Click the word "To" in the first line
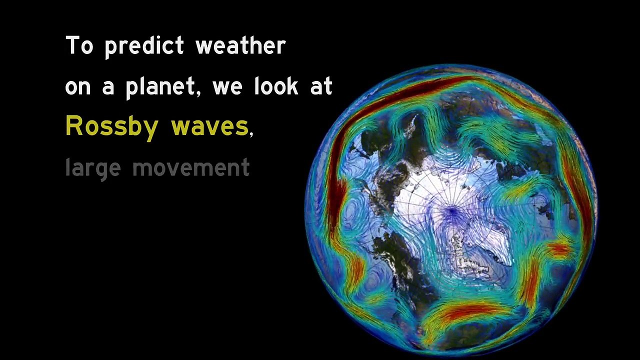pyautogui.click(x=79, y=46)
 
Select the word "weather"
pyautogui.click(x=240, y=46)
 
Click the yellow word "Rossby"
pyautogui.click(x=112, y=126)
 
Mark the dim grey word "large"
pyautogui.click(x=93, y=168)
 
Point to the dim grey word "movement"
pyautogui.click(x=190, y=167)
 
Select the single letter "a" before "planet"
pyautogui.click(x=108, y=88)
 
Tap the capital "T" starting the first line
pyautogui.click(x=73, y=45)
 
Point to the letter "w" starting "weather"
pyautogui.click(x=204, y=46)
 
